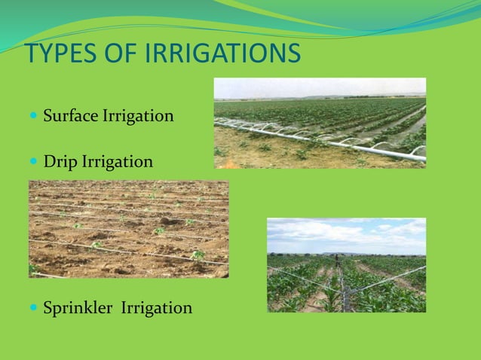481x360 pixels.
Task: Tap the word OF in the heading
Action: coord(119,55)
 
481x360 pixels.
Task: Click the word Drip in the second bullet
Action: coord(59,162)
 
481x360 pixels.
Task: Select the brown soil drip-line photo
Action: coord(128,229)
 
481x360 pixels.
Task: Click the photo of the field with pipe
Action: coord(320,123)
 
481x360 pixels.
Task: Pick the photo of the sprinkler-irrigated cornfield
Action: coord(346,265)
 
